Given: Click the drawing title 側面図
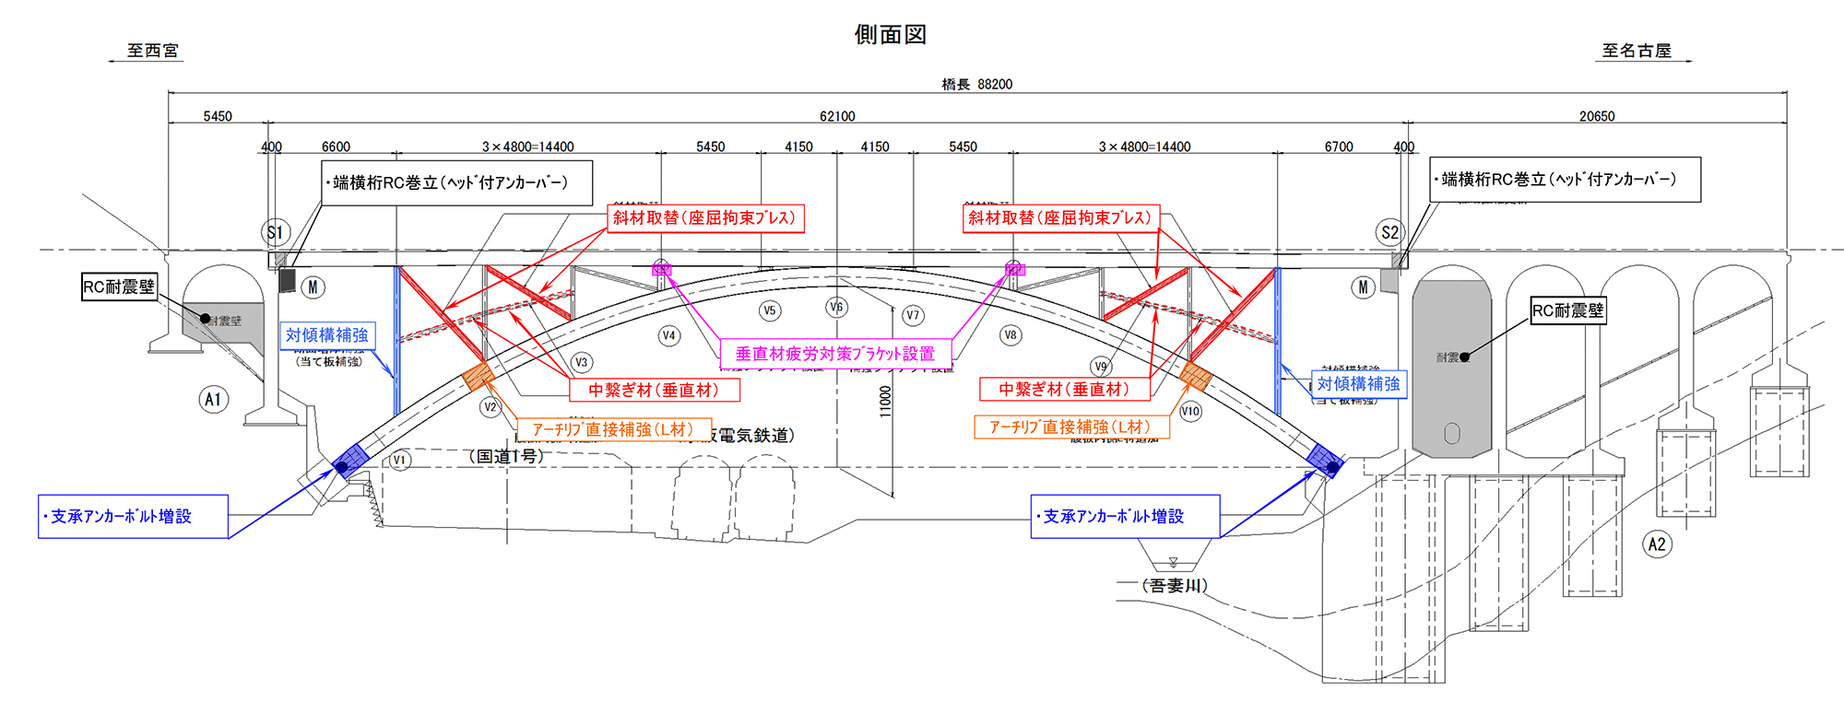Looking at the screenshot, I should point(890,35).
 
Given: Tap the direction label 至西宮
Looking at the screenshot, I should point(152,51).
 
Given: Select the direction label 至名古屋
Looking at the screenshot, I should point(1637,51).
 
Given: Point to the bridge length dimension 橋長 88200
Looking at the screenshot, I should point(976,84).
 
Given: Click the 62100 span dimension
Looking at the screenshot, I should point(837,116).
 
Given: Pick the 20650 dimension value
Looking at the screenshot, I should point(1597,116).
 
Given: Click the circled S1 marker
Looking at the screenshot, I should point(275,232).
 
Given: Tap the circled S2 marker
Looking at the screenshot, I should point(1389,232).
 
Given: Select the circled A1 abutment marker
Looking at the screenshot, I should point(213,400).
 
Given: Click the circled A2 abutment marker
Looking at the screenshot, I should point(1657,544).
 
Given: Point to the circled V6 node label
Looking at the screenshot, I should point(836,307).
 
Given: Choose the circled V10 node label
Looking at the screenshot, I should point(1190,411).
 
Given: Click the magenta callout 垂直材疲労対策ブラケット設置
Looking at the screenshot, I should point(834,354).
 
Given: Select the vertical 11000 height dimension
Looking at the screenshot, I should point(886,402).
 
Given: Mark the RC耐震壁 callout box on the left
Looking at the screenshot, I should point(119,287).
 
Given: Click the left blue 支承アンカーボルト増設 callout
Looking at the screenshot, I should point(133,517).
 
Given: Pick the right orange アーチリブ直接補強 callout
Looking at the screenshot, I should point(1071,427).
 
